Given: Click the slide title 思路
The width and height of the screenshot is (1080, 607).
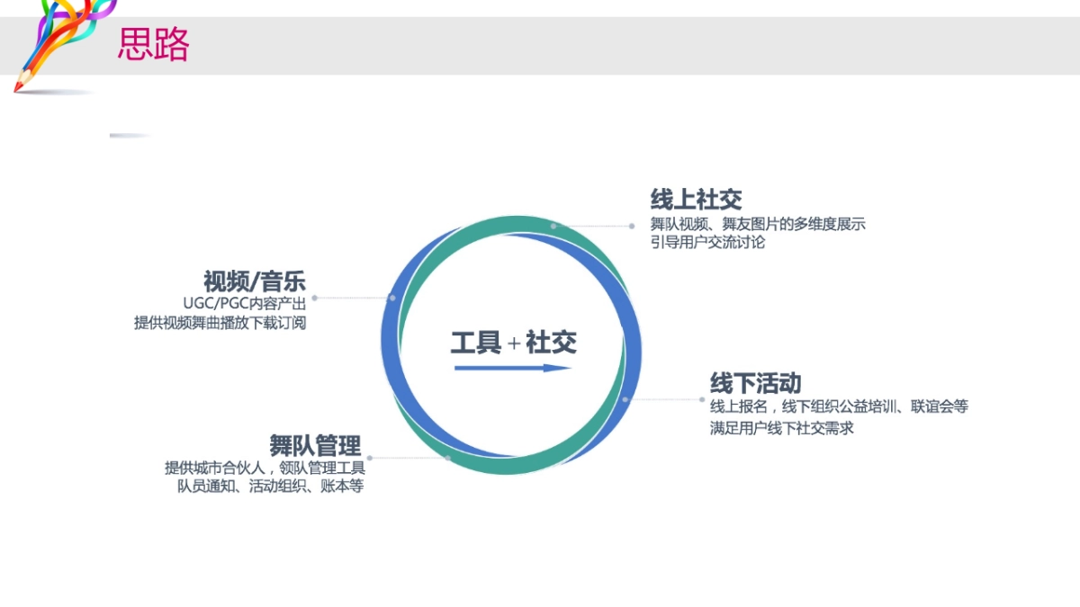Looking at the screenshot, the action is pyautogui.click(x=153, y=44).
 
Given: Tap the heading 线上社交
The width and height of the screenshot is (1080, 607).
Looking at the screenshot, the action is pyautogui.click(x=696, y=199).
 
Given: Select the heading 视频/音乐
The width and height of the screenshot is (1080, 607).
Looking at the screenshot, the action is pyautogui.click(x=255, y=281).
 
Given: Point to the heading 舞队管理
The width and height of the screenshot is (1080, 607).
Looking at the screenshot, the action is pyautogui.click(x=315, y=445).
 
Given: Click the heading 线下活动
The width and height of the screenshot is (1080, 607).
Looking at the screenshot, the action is pyautogui.click(x=755, y=383).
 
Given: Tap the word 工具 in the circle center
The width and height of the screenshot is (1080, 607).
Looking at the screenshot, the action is pyautogui.click(x=476, y=342).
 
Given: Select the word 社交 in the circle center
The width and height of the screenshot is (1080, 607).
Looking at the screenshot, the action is pyautogui.click(x=551, y=342).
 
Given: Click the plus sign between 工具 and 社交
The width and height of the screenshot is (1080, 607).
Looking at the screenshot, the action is pyautogui.click(x=514, y=343).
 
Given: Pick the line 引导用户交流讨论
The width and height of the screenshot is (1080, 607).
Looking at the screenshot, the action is pyautogui.click(x=707, y=242).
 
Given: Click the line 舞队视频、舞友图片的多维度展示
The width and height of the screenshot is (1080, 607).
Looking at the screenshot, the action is pyautogui.click(x=758, y=224).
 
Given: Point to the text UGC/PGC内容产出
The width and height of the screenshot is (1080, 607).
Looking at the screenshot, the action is pyautogui.click(x=244, y=304).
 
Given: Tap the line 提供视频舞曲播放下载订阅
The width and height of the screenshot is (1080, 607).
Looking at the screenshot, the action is pyautogui.click(x=220, y=323).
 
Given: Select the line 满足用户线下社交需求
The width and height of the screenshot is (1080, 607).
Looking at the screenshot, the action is pyautogui.click(x=781, y=428).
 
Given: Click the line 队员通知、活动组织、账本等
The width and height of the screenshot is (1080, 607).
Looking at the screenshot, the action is pyautogui.click(x=270, y=486).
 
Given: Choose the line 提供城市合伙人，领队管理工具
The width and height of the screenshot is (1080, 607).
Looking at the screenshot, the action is pyautogui.click(x=265, y=468).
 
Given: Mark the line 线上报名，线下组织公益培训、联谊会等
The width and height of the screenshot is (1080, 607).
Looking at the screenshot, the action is pyautogui.click(x=839, y=406).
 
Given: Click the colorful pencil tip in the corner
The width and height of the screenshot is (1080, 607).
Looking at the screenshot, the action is pyautogui.click(x=19, y=86).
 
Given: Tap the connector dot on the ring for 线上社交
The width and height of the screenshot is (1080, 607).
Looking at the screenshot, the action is pyautogui.click(x=553, y=226).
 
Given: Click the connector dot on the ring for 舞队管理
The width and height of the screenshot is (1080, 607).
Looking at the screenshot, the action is pyautogui.click(x=448, y=458).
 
